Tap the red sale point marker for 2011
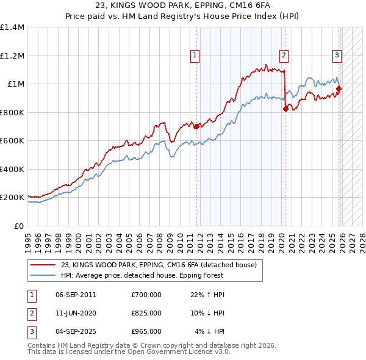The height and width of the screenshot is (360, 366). (196, 127)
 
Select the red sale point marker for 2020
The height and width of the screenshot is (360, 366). (285, 109)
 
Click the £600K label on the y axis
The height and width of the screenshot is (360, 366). (12, 141)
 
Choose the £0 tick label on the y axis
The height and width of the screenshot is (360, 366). (18, 226)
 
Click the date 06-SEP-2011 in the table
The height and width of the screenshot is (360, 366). (76, 295)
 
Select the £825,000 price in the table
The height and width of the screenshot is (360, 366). (146, 313)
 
